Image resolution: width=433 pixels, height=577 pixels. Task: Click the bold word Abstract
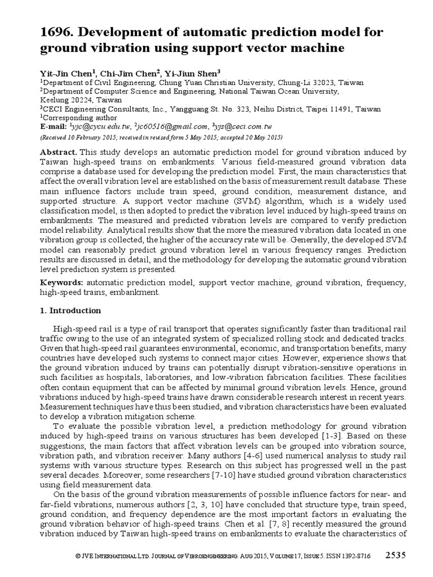tap(59, 153)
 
